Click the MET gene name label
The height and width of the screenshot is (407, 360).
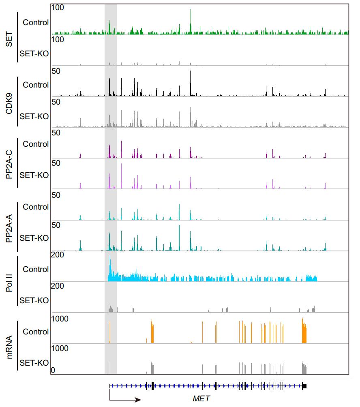tap(201, 398)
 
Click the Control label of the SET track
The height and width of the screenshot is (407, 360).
tap(36, 23)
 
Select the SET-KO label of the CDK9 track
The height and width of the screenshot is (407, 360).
tap(34, 116)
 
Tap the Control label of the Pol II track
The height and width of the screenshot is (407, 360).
tap(36, 269)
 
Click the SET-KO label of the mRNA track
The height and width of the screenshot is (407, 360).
tap(34, 362)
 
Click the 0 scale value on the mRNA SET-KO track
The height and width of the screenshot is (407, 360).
tap(53, 371)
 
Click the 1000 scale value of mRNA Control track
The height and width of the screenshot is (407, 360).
tap(60, 319)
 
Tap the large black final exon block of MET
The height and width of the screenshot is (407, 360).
tap(304, 386)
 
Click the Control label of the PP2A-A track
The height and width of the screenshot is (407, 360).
tap(36, 207)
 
